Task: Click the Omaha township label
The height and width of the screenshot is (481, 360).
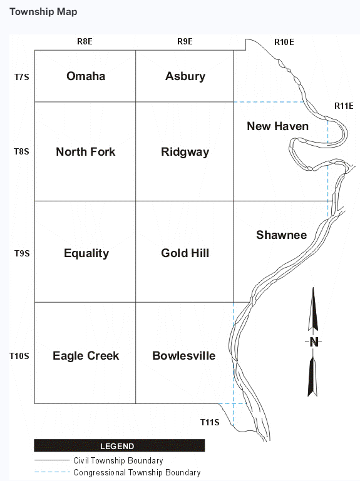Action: point(86,76)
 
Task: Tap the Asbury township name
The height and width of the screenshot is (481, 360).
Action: point(185,76)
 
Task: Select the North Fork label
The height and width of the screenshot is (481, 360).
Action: point(85,151)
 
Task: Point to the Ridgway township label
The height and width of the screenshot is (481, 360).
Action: point(185,152)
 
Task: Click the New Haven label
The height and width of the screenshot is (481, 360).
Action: point(278,126)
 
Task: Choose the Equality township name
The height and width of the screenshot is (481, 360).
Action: point(86,253)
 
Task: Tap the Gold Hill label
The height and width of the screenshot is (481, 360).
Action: point(185,253)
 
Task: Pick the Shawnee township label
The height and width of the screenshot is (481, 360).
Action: point(281,235)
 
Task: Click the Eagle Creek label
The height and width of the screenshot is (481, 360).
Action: point(86,356)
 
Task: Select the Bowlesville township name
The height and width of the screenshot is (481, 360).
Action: point(183,355)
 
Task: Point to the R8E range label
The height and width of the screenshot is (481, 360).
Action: point(85,41)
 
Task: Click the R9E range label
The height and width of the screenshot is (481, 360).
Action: point(185,41)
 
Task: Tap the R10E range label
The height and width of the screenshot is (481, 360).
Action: point(284,42)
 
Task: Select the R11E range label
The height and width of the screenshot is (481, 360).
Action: point(344,106)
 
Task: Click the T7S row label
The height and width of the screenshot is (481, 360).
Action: point(21,77)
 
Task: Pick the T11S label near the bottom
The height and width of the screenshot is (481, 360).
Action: point(210,422)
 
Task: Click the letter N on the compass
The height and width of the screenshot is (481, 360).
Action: point(314,342)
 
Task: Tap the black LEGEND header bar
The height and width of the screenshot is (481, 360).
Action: point(119,446)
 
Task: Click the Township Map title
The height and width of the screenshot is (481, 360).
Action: point(43,12)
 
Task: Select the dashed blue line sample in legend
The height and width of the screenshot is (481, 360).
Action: point(52,472)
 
